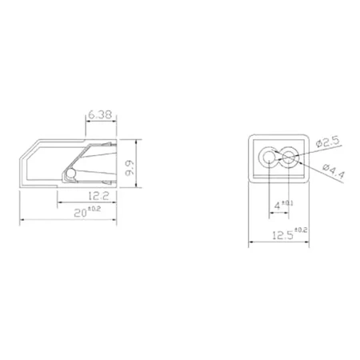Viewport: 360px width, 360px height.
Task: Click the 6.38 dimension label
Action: pyautogui.click(x=99, y=115)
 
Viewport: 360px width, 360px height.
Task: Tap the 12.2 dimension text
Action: pyautogui.click(x=99, y=195)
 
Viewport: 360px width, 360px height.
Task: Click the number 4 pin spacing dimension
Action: pyautogui.click(x=277, y=206)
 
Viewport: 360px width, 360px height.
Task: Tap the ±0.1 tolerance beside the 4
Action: pyautogui.click(x=286, y=203)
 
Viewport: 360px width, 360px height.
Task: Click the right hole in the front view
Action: pyautogui.click(x=289, y=157)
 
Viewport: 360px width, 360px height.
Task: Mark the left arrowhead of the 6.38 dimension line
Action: pyautogui.click(x=86, y=122)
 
